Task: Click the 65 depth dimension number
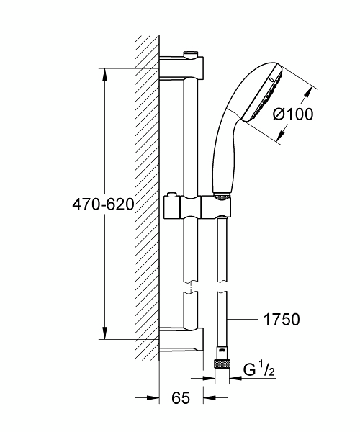coord(181,397)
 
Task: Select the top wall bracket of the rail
coord(180,68)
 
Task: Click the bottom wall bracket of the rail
coord(180,338)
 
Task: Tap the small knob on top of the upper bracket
coord(191,54)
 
